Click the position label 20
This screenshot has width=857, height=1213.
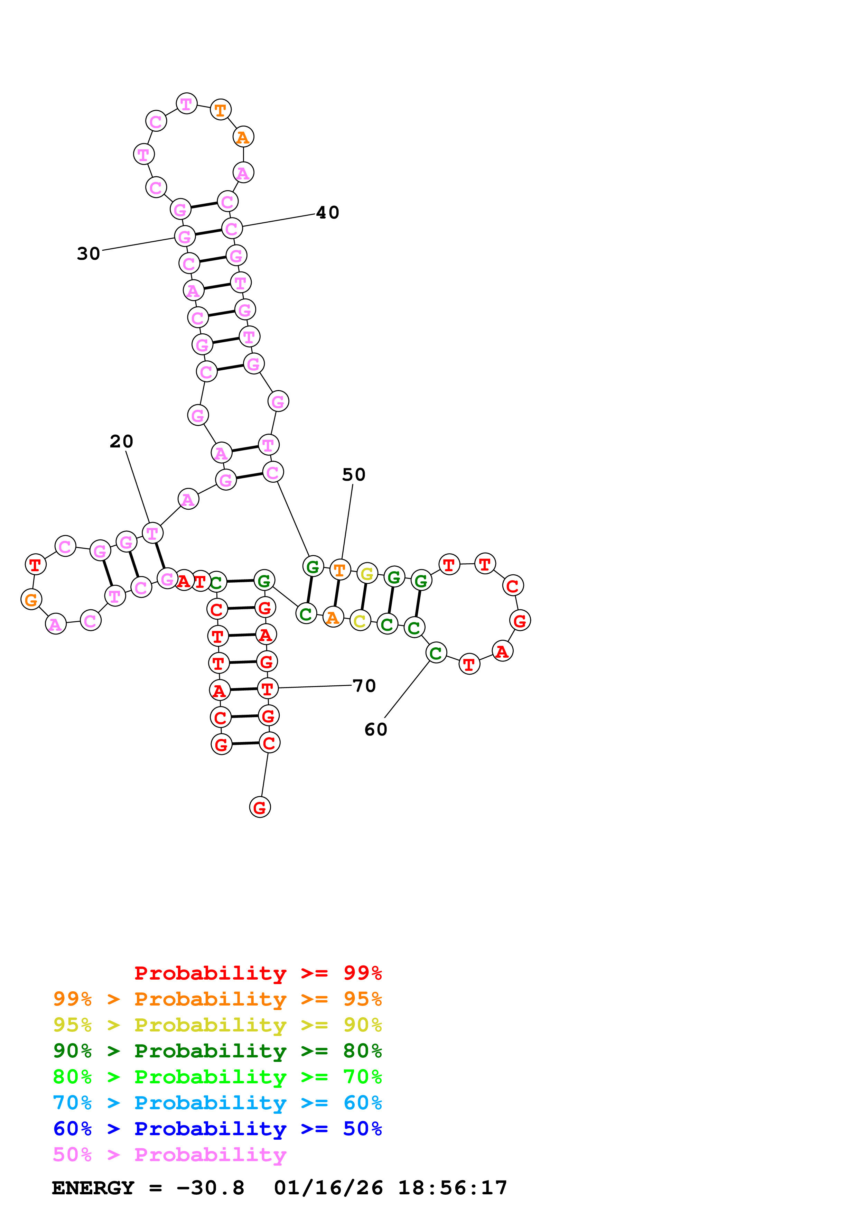[121, 441]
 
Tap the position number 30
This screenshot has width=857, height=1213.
[88, 253]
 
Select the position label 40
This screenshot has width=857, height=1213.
[327, 212]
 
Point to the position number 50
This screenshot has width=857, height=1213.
[354, 474]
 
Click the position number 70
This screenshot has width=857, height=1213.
[364, 686]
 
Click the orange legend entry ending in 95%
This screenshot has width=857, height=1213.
[217, 999]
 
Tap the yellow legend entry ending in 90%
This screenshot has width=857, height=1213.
[217, 1025]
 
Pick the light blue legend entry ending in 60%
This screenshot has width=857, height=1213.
[217, 1103]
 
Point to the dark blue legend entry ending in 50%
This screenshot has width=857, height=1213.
[217, 1129]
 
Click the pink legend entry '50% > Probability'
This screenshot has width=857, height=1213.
[169, 1154]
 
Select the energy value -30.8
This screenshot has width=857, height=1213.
[210, 1188]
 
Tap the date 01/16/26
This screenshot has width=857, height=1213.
[328, 1188]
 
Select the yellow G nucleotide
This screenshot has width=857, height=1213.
[367, 573]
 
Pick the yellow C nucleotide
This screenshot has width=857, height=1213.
[360, 621]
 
